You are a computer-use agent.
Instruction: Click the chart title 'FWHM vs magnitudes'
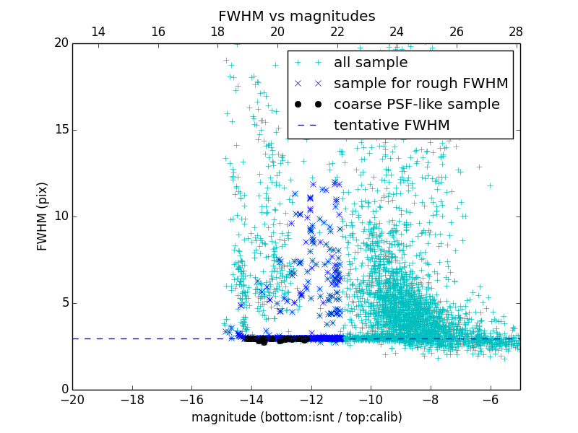(296, 16)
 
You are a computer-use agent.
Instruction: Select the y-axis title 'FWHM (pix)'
(43, 216)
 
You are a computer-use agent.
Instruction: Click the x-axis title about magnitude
(296, 417)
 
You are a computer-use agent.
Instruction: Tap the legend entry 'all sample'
(370, 63)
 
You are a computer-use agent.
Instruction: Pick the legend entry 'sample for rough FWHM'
(420, 84)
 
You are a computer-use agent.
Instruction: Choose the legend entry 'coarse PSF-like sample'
(416, 105)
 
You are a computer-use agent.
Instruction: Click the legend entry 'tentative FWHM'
(391, 126)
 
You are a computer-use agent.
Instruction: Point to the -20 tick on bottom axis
(72, 399)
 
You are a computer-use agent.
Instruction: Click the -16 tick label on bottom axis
(191, 399)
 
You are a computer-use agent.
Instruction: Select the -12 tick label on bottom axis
(311, 399)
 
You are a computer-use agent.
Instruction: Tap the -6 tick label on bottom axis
(490, 399)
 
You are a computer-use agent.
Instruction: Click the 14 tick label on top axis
(98, 32)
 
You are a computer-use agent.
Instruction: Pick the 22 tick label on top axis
(337, 32)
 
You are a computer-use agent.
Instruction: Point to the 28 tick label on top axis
(516, 32)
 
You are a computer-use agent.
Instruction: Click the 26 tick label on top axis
(456, 32)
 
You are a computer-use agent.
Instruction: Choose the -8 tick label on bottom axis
(431, 399)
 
